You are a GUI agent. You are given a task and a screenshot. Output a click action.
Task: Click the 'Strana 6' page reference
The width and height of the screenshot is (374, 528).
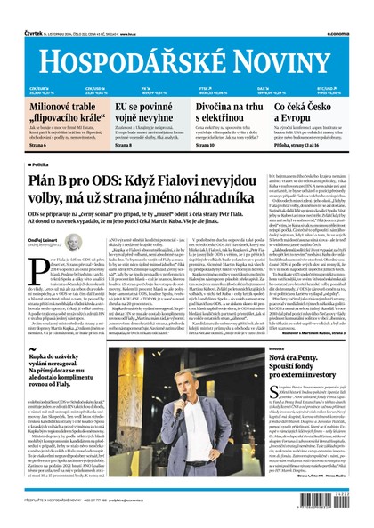pos(38,143)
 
